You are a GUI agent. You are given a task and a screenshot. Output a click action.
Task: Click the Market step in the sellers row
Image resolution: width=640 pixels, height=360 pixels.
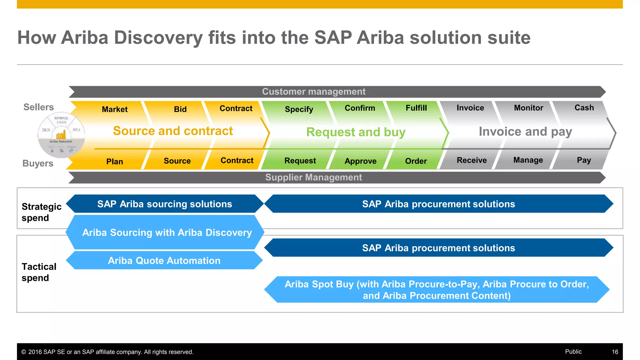(x=115, y=109)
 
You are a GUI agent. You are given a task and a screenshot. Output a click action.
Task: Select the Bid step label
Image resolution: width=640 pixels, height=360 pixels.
(x=180, y=109)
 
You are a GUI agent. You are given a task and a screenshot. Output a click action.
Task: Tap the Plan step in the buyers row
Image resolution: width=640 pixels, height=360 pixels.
(x=114, y=162)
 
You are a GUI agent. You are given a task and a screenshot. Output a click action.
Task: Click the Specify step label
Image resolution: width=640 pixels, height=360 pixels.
(x=299, y=109)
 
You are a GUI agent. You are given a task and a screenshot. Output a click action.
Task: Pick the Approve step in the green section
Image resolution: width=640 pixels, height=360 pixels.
(x=360, y=161)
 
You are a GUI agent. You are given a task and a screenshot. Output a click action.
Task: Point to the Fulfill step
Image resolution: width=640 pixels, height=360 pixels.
(x=416, y=108)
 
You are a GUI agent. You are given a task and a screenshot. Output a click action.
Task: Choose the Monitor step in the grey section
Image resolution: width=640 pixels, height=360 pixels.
(x=528, y=108)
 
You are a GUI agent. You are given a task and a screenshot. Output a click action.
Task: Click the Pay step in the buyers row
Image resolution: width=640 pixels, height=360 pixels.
(x=583, y=160)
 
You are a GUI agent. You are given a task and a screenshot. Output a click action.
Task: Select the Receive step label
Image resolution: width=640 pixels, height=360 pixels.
(x=472, y=160)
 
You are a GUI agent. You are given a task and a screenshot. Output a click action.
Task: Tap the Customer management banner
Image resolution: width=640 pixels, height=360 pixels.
(x=313, y=92)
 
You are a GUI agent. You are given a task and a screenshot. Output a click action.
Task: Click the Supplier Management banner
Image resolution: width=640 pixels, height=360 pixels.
(x=313, y=177)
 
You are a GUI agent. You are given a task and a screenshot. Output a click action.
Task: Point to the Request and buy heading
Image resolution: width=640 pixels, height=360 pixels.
(x=356, y=132)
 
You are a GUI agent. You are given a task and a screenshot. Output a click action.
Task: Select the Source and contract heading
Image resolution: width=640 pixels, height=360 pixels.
(x=173, y=131)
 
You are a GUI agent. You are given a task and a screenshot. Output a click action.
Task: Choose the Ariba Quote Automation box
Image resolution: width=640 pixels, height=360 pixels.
(x=164, y=261)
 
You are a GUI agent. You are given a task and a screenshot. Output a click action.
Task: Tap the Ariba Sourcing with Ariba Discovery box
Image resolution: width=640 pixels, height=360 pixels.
(x=167, y=232)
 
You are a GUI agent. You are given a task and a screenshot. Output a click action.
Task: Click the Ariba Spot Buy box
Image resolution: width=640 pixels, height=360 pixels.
(x=437, y=290)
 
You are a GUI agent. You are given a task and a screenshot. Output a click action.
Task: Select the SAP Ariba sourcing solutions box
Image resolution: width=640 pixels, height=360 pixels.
(x=165, y=204)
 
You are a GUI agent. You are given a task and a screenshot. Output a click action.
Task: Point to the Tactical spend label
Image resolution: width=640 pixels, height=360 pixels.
(x=39, y=272)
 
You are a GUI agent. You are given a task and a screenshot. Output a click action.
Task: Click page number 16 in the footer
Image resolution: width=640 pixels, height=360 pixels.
(x=615, y=352)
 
